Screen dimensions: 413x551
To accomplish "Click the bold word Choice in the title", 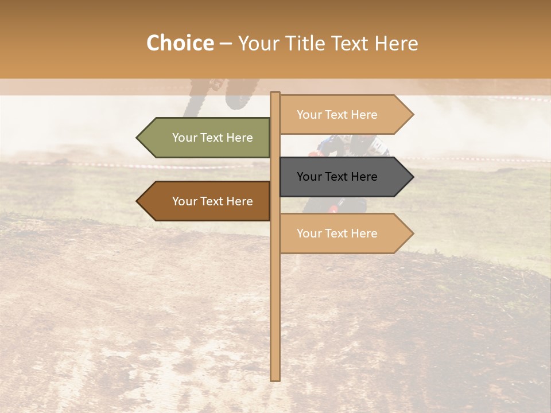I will click(x=180, y=43).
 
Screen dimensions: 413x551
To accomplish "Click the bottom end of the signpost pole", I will click(x=275, y=379).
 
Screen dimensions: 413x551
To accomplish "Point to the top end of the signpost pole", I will click(x=275, y=94).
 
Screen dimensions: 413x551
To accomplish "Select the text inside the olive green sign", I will click(x=212, y=138).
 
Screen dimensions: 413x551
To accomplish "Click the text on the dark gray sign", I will click(x=337, y=177).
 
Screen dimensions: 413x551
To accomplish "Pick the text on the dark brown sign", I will click(x=212, y=201).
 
